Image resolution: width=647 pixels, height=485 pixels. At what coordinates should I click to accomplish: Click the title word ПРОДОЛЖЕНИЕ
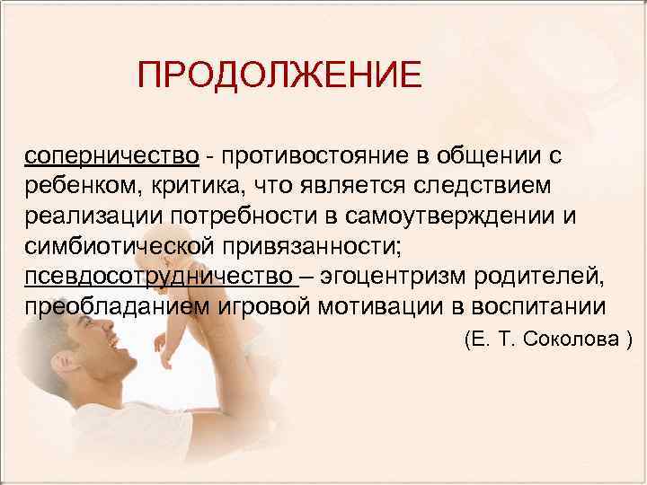click(279, 75)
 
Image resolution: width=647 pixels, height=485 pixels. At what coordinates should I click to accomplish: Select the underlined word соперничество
click(111, 155)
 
